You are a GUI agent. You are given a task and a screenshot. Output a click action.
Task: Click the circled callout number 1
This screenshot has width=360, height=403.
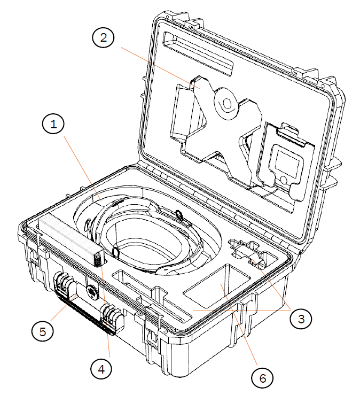[53, 124]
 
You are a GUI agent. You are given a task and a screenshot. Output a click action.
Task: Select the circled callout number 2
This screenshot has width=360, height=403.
[104, 37]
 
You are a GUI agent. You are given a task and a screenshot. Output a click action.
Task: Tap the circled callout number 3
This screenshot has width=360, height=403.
[301, 319]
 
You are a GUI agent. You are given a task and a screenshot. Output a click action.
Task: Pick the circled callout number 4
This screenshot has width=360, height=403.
[101, 369]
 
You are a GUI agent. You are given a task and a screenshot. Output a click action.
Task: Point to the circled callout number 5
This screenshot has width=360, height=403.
[43, 331]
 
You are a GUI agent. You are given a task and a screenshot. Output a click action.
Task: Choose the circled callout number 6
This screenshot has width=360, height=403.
[262, 378]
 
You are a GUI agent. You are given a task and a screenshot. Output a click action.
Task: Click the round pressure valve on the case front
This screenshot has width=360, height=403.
[92, 291]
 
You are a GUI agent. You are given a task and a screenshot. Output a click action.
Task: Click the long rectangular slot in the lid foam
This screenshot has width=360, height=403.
[198, 53]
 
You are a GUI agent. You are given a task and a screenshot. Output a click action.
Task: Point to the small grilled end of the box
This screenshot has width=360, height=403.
[98, 260]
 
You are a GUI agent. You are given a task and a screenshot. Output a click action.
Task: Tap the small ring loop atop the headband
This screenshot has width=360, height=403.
[179, 214]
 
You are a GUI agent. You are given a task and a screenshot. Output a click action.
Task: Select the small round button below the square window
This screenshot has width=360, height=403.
[284, 179]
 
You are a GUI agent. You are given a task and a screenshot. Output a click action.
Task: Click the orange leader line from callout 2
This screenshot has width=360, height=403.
[160, 68]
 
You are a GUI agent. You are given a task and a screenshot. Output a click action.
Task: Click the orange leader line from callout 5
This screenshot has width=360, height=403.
[64, 308]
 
